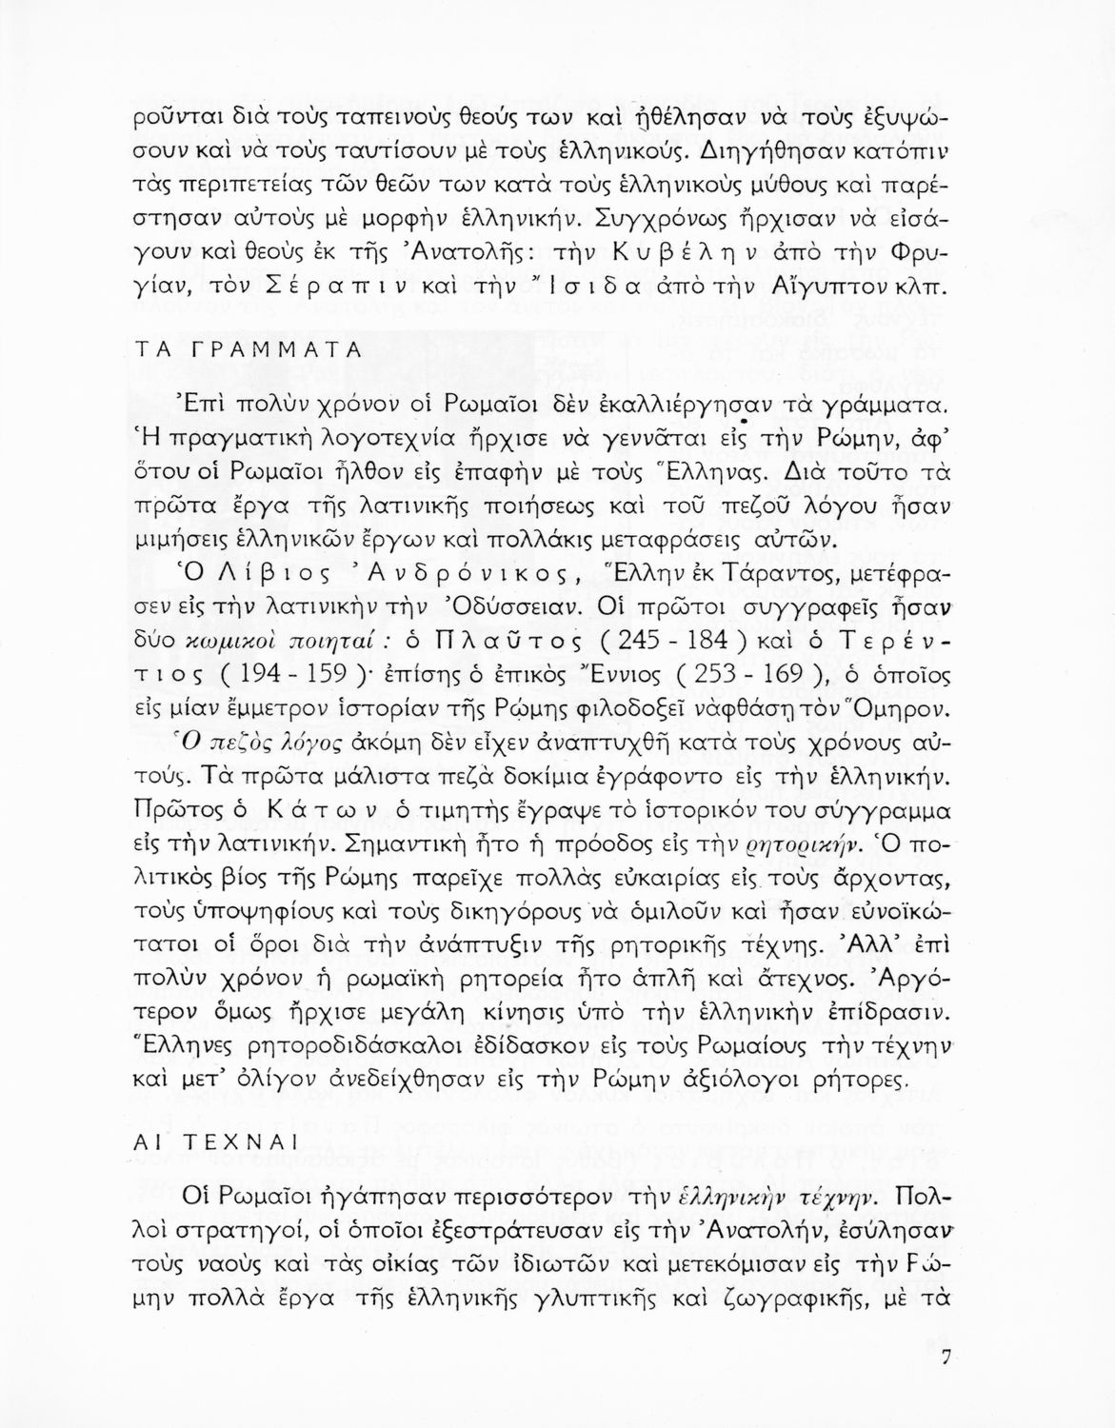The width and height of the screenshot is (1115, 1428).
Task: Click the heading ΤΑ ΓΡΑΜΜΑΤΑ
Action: (245, 348)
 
